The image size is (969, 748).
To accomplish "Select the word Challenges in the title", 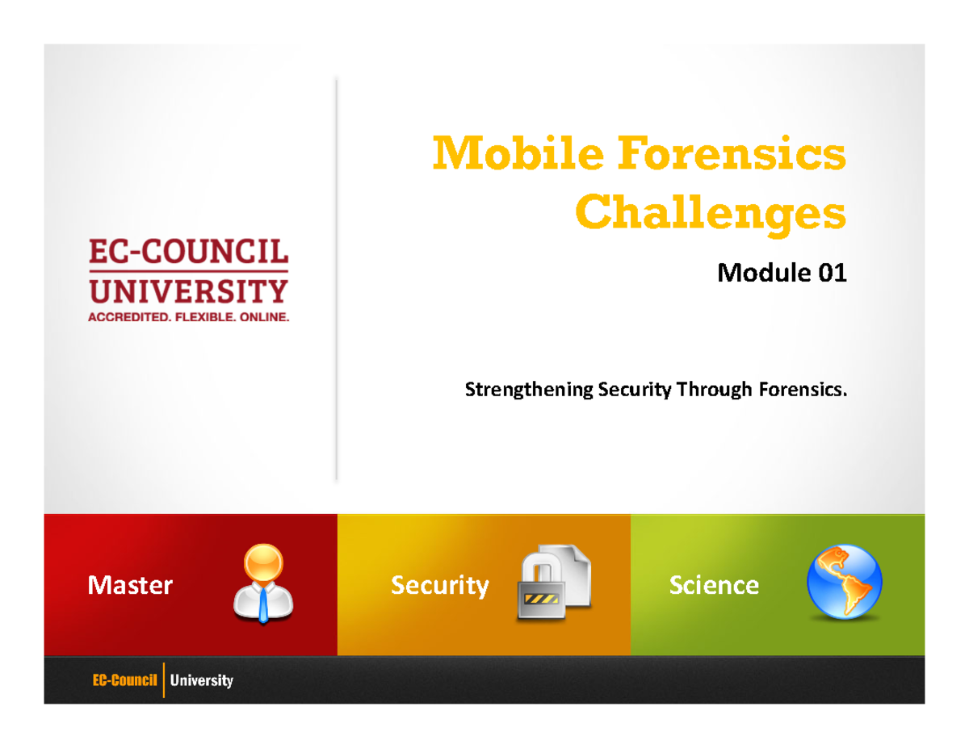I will pyautogui.click(x=711, y=213).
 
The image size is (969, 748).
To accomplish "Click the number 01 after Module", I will pyautogui.click(x=832, y=274).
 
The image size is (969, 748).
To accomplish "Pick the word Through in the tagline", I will pyautogui.click(x=714, y=391).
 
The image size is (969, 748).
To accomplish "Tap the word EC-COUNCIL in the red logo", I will pyautogui.click(x=188, y=254).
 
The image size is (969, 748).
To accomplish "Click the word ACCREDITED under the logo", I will pyautogui.click(x=126, y=317).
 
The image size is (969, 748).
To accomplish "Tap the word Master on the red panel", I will pyautogui.click(x=130, y=585).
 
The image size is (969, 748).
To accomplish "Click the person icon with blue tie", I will pyautogui.click(x=263, y=583).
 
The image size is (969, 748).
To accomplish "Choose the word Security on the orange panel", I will pyautogui.click(x=440, y=585).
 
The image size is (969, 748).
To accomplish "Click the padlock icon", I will pyautogui.click(x=541, y=587).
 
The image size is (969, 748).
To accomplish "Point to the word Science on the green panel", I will pyautogui.click(x=714, y=585).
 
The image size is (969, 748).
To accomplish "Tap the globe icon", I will pyautogui.click(x=845, y=582).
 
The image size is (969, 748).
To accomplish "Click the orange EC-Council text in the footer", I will pyautogui.click(x=124, y=681).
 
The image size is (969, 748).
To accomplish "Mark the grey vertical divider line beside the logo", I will pyautogui.click(x=336, y=278).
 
